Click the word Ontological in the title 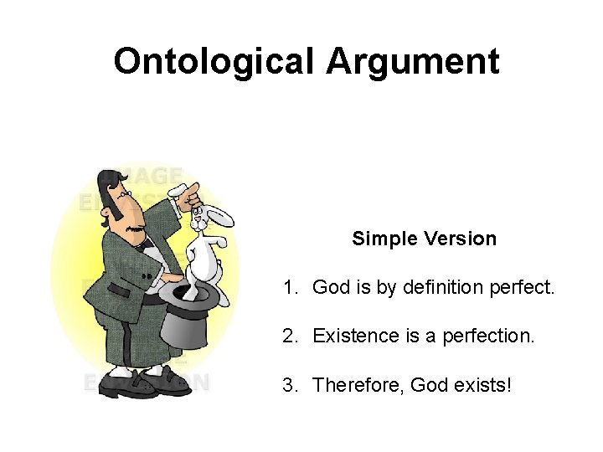tap(214, 61)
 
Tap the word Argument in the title tap(413, 61)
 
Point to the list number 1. tap(289, 288)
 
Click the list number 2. tap(289, 336)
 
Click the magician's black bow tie tap(148, 246)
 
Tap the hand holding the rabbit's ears tap(188, 196)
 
